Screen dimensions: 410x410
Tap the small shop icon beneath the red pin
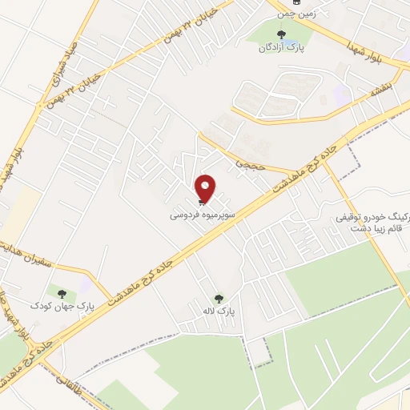coord(199,203)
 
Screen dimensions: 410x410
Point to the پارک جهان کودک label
coord(57,306)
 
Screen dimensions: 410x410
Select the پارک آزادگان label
coord(279,47)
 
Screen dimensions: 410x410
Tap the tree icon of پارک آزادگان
coord(280,34)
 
